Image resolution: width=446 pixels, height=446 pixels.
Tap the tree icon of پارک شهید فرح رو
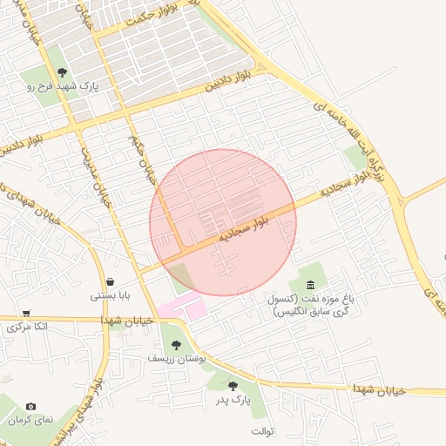click(x=62, y=72)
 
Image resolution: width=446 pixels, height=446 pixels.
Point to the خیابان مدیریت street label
click(x=96, y=171)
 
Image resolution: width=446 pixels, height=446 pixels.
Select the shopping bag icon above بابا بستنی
click(x=111, y=281)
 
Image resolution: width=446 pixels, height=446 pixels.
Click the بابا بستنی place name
click(x=111, y=295)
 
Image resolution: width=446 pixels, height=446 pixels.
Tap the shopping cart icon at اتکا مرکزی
click(x=26, y=314)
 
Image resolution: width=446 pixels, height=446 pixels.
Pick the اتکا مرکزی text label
click(x=27, y=328)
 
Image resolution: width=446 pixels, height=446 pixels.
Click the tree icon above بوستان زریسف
click(x=177, y=345)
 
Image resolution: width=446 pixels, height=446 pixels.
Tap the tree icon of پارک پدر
click(x=233, y=385)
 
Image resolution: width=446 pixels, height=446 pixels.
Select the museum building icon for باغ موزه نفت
click(x=310, y=285)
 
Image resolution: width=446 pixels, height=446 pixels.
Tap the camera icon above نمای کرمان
click(x=31, y=406)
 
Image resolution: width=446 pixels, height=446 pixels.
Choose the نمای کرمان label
click(x=32, y=420)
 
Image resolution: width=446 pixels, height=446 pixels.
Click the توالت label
click(x=263, y=432)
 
